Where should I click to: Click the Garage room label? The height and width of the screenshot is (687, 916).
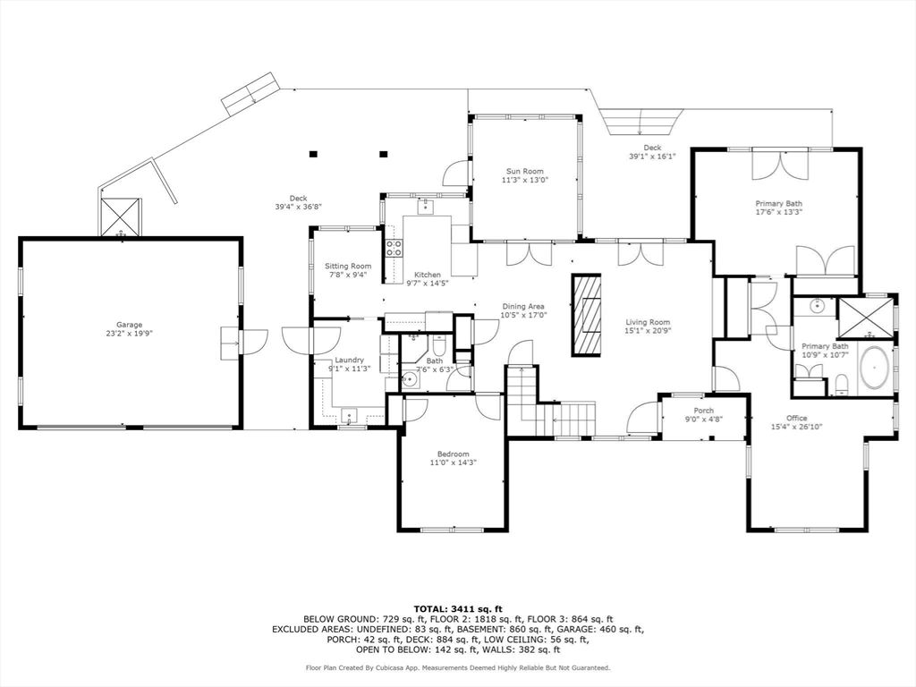pyautogui.click(x=129, y=325)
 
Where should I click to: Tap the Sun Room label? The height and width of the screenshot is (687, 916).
pyautogui.click(x=524, y=171)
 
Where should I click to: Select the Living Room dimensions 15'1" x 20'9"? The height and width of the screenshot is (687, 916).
pyautogui.click(x=648, y=331)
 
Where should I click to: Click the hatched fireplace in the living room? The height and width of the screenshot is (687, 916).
pyautogui.click(x=586, y=315)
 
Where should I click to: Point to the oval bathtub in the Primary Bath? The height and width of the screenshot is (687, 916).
pyautogui.click(x=875, y=369)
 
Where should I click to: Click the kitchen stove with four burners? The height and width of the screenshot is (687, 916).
pyautogui.click(x=394, y=249)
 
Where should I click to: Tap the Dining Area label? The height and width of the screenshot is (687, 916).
pyautogui.click(x=523, y=306)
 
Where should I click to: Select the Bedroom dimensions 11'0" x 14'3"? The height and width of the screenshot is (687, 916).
pyautogui.click(x=454, y=462)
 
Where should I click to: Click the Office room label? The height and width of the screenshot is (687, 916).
pyautogui.click(x=797, y=418)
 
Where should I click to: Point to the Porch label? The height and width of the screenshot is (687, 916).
pyautogui.click(x=703, y=411)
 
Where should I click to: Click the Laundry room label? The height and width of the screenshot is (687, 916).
pyautogui.click(x=350, y=360)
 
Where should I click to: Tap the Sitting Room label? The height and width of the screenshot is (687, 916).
pyautogui.click(x=348, y=267)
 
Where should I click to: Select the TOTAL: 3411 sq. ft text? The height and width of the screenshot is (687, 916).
pyautogui.click(x=458, y=608)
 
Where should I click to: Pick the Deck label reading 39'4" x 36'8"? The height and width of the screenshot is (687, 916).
pyautogui.click(x=299, y=207)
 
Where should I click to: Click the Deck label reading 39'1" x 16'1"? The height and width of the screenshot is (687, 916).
pyautogui.click(x=652, y=156)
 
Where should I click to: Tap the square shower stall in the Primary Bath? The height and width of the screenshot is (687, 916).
pyautogui.click(x=865, y=318)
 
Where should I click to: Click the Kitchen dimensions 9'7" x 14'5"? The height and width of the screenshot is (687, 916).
pyautogui.click(x=428, y=283)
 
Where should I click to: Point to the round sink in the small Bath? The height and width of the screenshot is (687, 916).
pyautogui.click(x=410, y=379)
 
